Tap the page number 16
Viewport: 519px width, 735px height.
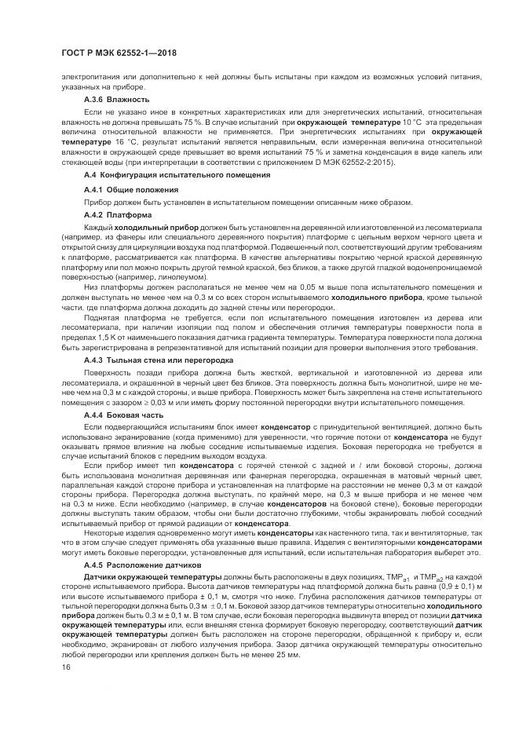(x=65, y=666)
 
